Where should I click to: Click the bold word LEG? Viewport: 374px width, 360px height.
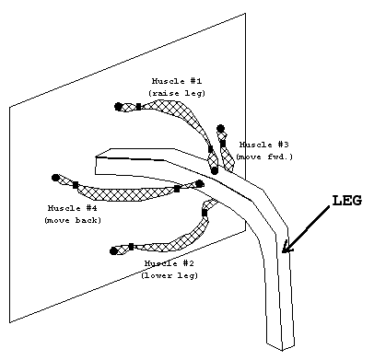347,201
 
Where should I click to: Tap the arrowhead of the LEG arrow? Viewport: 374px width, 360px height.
287,247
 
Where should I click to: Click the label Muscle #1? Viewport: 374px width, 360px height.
177,81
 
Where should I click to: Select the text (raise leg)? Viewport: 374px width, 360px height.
177,93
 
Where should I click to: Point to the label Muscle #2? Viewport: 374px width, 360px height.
169,263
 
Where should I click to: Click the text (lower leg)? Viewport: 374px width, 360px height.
169,275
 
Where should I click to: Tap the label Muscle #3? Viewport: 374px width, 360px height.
264,145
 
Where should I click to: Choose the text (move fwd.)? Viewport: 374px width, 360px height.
264,157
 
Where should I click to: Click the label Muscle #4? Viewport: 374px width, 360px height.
73,208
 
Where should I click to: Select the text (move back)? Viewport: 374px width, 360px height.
73,220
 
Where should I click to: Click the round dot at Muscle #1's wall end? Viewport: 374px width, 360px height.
118,107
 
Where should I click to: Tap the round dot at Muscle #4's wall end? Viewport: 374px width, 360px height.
55,178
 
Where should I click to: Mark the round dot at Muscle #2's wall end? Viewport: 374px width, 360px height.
113,251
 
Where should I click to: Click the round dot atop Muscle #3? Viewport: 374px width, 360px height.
220,128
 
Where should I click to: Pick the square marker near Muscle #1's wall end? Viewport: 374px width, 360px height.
138,107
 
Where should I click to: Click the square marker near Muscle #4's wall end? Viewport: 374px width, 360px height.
76,185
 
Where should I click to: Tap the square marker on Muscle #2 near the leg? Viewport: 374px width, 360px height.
205,212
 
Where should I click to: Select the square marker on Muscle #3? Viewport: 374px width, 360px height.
223,144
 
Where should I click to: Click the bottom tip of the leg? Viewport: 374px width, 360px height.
282,350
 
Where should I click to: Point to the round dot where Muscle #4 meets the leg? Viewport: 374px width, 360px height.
200,183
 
